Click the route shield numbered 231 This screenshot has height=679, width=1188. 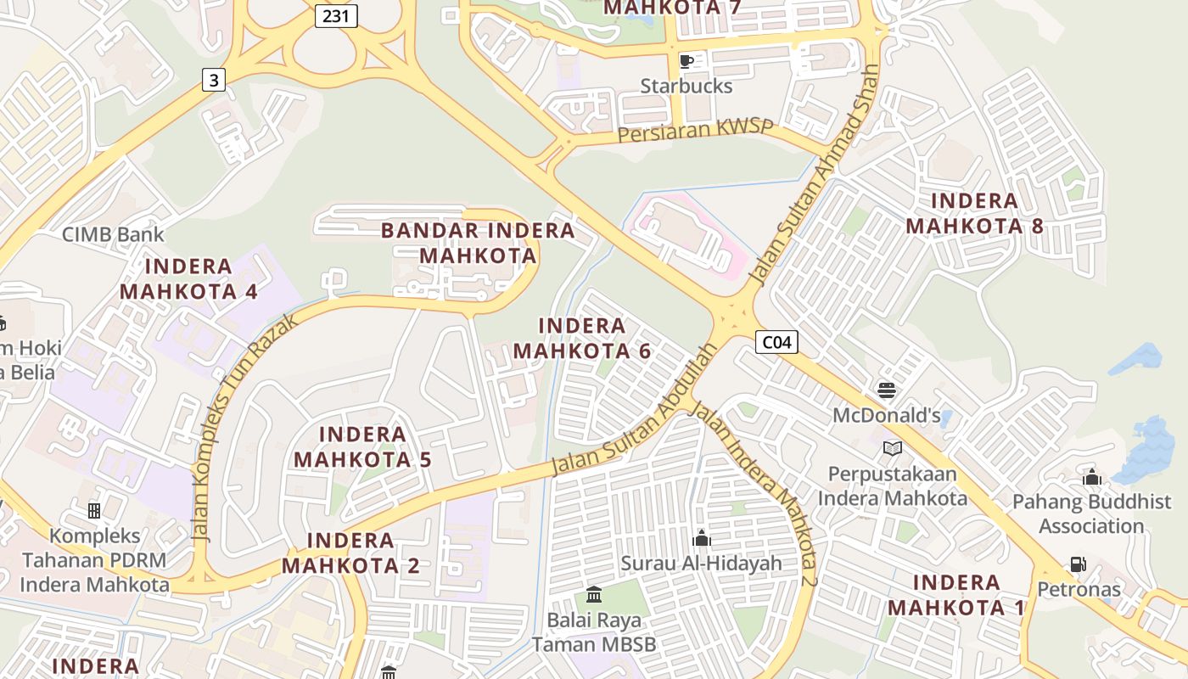pyautogui.click(x=336, y=15)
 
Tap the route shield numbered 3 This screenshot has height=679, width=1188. pyautogui.click(x=214, y=80)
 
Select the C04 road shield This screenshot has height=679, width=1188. pyautogui.click(x=776, y=342)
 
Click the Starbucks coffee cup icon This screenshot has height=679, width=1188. pyautogui.click(x=686, y=61)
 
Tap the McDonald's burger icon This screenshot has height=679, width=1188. pyautogui.click(x=887, y=390)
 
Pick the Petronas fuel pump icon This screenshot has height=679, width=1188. pyautogui.click(x=1078, y=564)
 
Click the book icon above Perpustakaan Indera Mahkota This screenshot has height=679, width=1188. pyautogui.click(x=892, y=448)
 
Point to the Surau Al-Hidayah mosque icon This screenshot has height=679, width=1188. pyautogui.click(x=702, y=538)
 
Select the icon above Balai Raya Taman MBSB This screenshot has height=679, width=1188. pyautogui.click(x=594, y=594)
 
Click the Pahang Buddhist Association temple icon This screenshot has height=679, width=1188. pyautogui.click(x=1092, y=477)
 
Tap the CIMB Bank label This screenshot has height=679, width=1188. pyautogui.click(x=113, y=234)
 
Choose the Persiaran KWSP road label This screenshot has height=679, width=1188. pyautogui.click(x=696, y=132)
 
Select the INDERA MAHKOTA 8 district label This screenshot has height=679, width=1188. pyautogui.click(x=974, y=214)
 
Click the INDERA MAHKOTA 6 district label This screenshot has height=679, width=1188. pyautogui.click(x=582, y=338)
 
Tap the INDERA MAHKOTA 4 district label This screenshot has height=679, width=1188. pyautogui.click(x=188, y=279)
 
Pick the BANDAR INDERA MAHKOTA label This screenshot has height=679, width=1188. pyautogui.click(x=478, y=243)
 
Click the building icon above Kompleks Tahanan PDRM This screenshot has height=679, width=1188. pyautogui.click(x=94, y=511)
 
